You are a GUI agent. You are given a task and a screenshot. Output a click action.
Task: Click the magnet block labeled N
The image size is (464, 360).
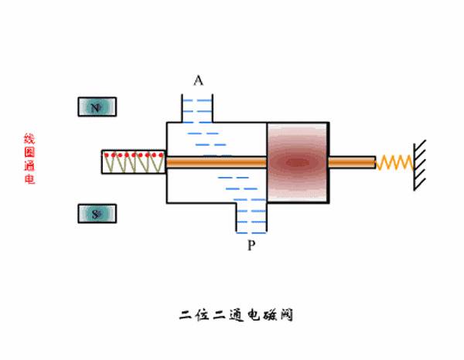click(x=96, y=107)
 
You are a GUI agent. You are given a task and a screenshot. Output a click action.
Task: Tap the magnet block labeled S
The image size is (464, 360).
click(x=96, y=213)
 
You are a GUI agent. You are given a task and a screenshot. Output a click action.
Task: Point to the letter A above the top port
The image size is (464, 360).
click(x=198, y=80)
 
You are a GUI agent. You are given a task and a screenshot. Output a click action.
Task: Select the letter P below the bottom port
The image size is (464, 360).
click(x=251, y=246)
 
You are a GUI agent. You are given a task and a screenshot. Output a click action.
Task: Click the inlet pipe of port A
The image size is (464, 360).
click(x=197, y=107)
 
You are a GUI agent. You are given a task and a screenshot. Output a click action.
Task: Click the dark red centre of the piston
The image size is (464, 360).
click(x=297, y=162)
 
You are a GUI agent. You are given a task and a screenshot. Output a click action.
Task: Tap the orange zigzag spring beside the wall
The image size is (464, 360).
click(x=394, y=162)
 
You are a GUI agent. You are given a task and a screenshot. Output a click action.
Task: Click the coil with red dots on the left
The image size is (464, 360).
click(x=133, y=162)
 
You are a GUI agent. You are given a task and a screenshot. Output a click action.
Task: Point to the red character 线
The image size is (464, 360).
click(x=29, y=139)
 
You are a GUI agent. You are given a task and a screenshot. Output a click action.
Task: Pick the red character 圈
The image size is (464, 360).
click(x=29, y=152)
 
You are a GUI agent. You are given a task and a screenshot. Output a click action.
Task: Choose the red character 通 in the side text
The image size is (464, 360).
click(x=29, y=166)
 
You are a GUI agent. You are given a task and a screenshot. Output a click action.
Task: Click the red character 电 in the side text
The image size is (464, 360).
click(x=29, y=179)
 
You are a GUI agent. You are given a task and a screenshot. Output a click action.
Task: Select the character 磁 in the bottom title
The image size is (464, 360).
click(x=265, y=315)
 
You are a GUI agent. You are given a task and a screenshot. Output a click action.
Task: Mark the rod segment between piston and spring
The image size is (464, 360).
click(x=352, y=162)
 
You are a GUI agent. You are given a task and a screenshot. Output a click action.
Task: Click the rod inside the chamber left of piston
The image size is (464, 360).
click(x=217, y=162)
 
